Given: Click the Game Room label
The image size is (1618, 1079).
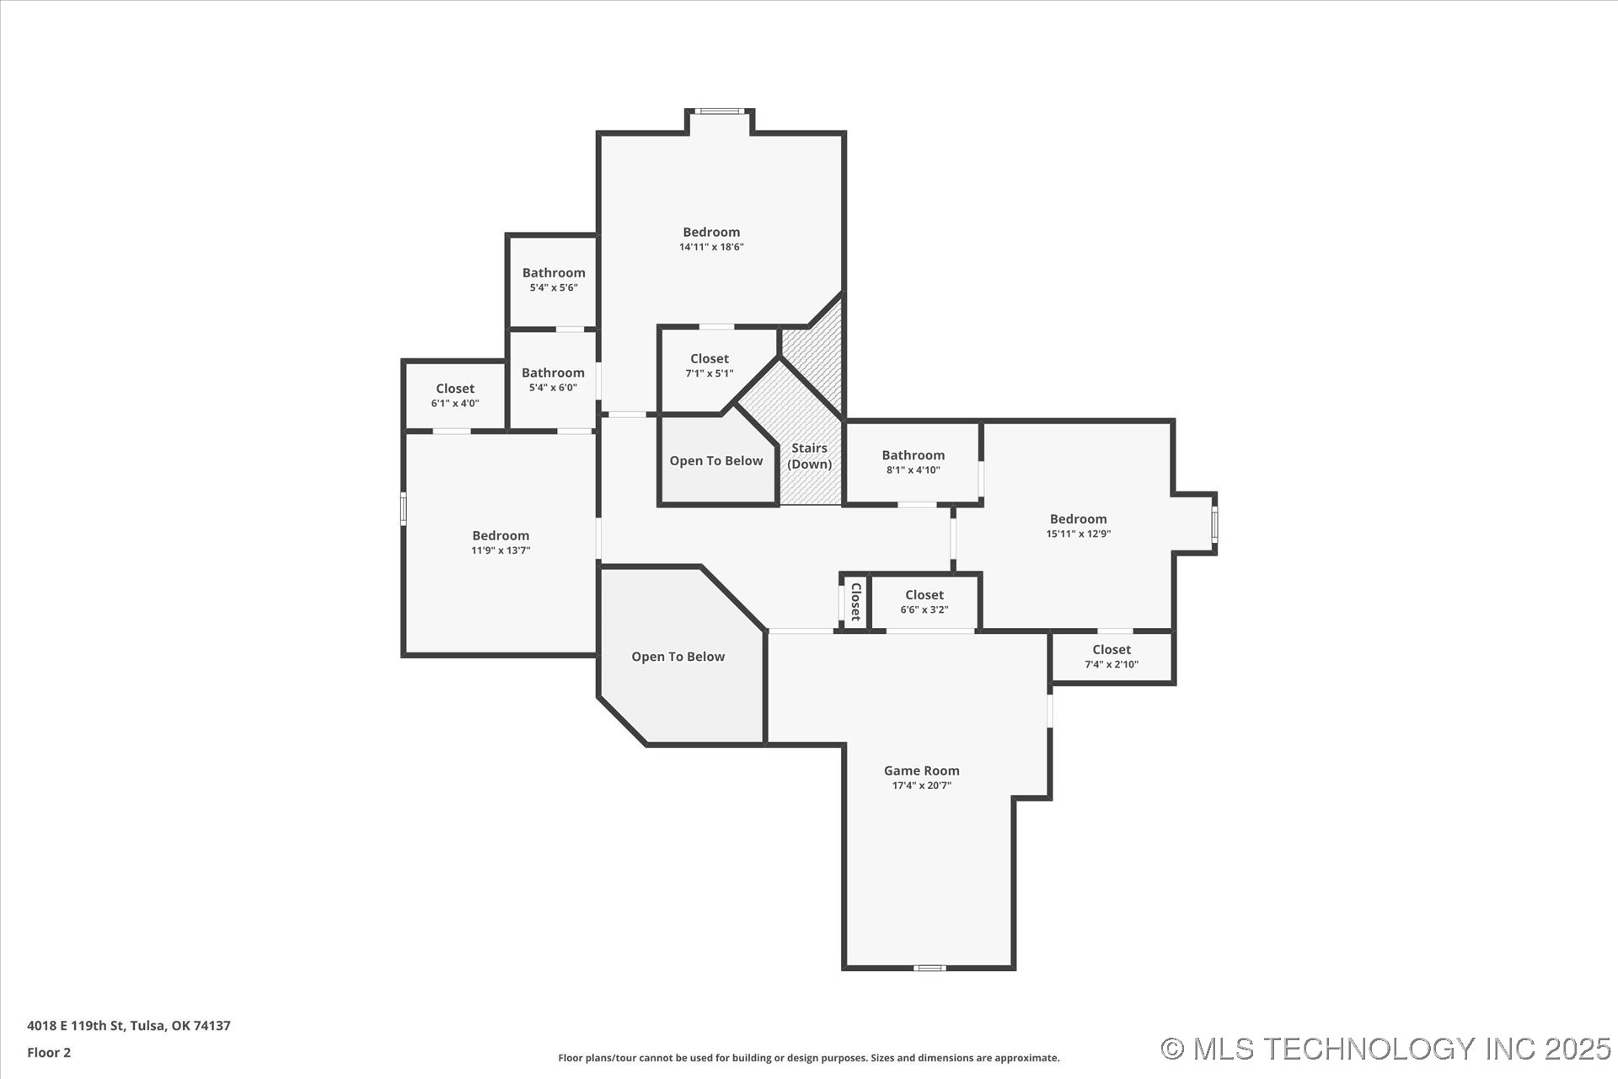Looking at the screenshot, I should (x=921, y=770).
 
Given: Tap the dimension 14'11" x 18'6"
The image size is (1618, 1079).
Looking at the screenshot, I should (x=711, y=247).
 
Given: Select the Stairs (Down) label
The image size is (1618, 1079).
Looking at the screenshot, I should (x=809, y=456).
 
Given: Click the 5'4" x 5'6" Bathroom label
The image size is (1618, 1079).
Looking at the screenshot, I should (x=554, y=273).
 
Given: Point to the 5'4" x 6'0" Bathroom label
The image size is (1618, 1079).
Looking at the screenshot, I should (x=553, y=373).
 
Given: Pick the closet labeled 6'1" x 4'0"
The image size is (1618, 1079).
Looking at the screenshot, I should (x=455, y=389).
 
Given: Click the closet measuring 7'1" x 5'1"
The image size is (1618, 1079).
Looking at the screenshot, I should (x=710, y=359).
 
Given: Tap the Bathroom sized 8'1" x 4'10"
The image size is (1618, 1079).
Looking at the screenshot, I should (x=913, y=455).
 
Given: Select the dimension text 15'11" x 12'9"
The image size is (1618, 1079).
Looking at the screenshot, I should (x=1078, y=534).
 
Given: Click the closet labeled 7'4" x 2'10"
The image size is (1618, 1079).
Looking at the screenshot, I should (x=1111, y=650).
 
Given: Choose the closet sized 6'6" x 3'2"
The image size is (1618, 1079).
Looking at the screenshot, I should (x=924, y=595).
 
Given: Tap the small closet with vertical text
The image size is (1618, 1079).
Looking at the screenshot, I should (x=855, y=601).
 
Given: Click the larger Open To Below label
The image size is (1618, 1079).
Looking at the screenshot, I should (x=678, y=657).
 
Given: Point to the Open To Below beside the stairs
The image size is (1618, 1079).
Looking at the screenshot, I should (x=715, y=461).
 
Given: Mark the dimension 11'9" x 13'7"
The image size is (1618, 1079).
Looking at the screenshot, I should (x=501, y=550).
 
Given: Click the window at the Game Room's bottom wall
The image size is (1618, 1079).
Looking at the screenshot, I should (x=930, y=968).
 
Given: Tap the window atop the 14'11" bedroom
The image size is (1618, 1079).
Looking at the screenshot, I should (x=721, y=110).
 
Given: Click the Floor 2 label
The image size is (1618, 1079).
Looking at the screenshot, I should (x=49, y=1052).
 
